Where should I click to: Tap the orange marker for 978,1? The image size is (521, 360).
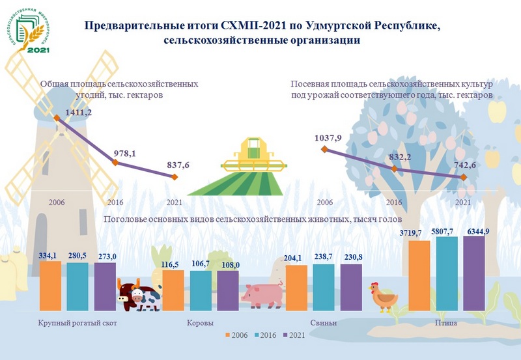click(x=115, y=163)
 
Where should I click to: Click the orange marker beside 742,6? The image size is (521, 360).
click(x=462, y=178)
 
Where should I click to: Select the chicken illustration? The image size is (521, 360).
click(x=384, y=296)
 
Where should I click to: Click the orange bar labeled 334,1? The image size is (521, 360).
click(x=50, y=286)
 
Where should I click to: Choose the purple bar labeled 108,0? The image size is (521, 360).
click(x=228, y=291)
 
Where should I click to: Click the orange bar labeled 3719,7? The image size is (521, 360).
click(x=419, y=276)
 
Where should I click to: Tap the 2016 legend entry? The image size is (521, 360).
click(x=265, y=335)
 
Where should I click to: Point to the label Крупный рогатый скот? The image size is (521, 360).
click(x=77, y=323)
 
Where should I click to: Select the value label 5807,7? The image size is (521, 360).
click(x=446, y=230)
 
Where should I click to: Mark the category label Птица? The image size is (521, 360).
click(x=445, y=323)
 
